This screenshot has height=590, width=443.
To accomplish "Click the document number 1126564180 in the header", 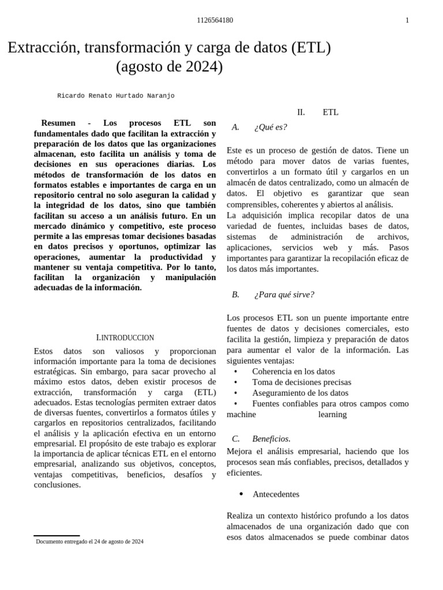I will [215, 20].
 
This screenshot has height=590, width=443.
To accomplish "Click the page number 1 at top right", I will [407, 20].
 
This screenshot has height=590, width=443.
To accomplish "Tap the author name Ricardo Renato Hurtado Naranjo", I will [115, 96].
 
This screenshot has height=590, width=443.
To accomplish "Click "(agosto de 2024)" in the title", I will [169, 67].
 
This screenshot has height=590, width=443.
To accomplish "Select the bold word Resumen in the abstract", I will [58, 123].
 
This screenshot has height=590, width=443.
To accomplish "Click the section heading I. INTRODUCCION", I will [125, 338].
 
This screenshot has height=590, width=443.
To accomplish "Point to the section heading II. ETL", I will [318, 112].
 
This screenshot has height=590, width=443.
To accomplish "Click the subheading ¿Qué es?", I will [270, 127].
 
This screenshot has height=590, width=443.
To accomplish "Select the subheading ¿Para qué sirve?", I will [284, 295].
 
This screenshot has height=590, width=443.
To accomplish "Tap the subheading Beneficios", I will [271, 439].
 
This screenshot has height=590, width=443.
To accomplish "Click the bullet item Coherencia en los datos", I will [293, 372].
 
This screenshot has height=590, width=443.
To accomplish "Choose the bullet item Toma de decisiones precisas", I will [301, 382].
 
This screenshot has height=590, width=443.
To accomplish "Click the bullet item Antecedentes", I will [276, 494].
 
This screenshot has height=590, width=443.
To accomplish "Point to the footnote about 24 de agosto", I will [89, 542].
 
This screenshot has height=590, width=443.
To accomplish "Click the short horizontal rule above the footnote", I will [57, 536].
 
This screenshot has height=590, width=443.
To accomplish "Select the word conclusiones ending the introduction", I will [57, 485].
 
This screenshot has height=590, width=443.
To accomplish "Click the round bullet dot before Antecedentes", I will [241, 494].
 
